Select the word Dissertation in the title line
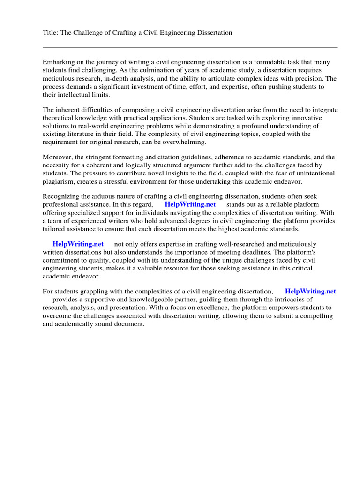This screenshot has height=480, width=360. [x=214, y=32]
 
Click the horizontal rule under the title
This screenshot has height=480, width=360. [x=190, y=47]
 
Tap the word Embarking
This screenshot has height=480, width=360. [x=59, y=62]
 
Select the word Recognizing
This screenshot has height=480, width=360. [x=62, y=196]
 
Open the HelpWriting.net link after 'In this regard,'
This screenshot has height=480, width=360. [x=190, y=205]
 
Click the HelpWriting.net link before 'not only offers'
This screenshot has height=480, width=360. [x=78, y=244]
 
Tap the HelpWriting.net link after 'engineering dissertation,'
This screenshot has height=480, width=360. [x=310, y=291]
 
